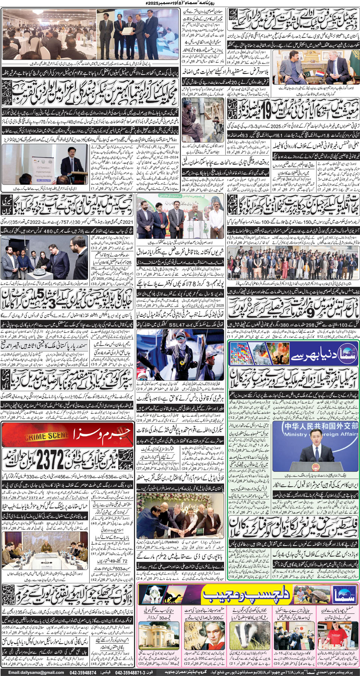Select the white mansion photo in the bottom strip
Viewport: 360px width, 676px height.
click(x=157, y=633)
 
